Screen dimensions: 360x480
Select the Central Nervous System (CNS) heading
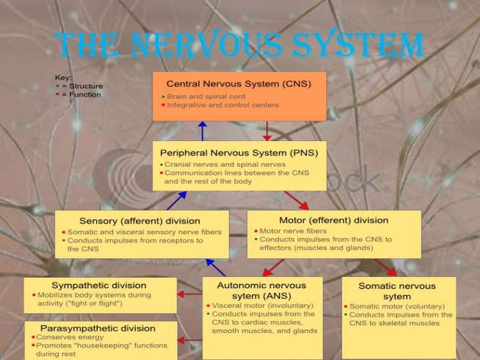(239, 84)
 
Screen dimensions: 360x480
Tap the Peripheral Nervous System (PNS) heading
(239, 152)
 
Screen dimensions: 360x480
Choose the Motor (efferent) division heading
(334, 220)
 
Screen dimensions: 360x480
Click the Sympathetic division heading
(99, 285)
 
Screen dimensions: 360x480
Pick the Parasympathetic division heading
(98, 328)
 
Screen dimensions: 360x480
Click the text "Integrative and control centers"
(223, 105)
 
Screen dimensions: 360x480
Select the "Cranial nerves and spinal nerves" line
(225, 164)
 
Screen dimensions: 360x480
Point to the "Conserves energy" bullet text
(64, 337)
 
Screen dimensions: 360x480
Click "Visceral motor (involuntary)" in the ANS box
(254, 305)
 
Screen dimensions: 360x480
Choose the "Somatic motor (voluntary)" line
(398, 307)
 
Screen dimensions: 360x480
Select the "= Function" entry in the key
(81, 94)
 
